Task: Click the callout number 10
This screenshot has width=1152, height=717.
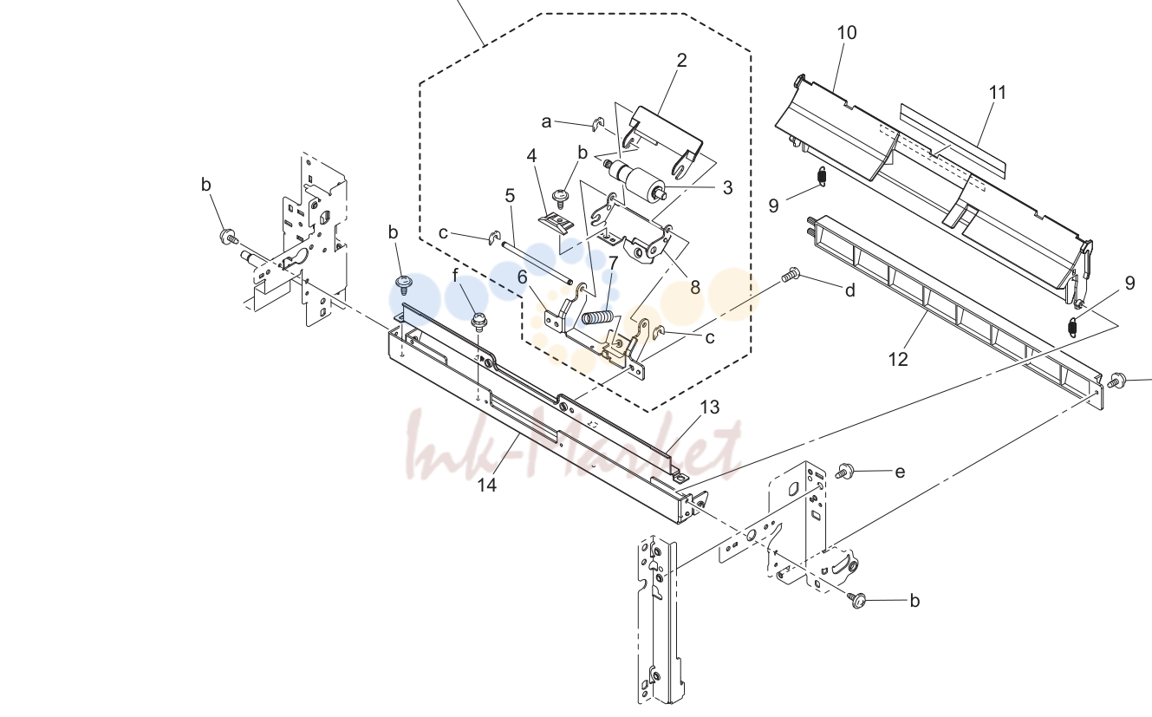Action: tap(847, 33)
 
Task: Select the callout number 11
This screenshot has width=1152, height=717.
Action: tap(998, 93)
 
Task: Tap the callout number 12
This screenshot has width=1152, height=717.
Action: tap(898, 360)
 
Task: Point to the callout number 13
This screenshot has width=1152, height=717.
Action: tap(710, 407)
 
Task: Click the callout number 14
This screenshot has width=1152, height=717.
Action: tap(486, 485)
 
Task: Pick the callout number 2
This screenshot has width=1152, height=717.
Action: tap(682, 61)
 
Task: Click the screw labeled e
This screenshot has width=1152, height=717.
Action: tap(844, 471)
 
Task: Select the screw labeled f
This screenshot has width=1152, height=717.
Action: tap(479, 322)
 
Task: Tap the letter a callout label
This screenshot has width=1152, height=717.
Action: tap(546, 122)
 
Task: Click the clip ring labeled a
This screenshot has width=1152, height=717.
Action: tap(597, 124)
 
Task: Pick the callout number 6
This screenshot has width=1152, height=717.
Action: tap(522, 277)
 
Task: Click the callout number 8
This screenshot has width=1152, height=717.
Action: tap(695, 288)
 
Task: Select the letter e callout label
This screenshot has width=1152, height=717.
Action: tap(900, 473)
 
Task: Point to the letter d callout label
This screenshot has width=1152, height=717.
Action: tap(850, 290)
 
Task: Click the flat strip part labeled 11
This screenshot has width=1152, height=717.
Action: tap(952, 140)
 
